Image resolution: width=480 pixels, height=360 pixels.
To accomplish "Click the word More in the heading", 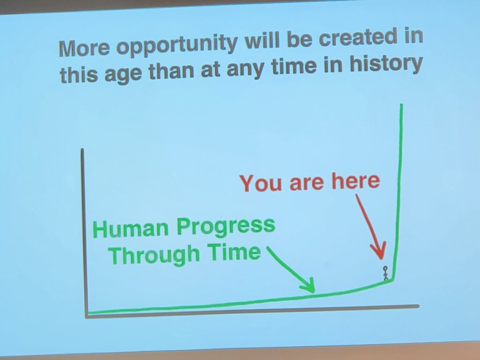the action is pos(84,48).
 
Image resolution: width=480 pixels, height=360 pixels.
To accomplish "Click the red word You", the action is pos(261,183).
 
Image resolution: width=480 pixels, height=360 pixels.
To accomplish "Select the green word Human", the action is pos(131,229).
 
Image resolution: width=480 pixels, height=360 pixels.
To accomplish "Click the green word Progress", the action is pos(226,227).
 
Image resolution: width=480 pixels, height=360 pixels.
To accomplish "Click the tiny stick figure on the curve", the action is pos(385,273).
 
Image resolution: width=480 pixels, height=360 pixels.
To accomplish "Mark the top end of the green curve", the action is pos(401,105).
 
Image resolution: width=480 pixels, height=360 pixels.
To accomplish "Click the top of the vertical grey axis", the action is pos(82,150).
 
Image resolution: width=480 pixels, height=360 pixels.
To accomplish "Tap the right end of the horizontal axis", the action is pos(418,306).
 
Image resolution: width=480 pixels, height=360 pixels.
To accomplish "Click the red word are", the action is pos(307,183).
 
